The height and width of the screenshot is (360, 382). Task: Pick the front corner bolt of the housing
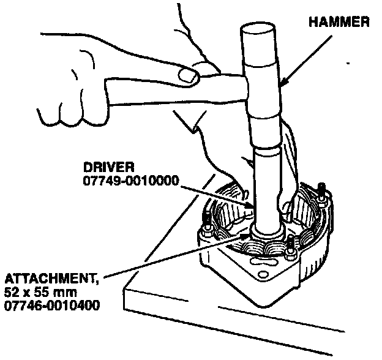click(289, 251)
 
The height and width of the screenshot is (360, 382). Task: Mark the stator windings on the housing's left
click(227, 202)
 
